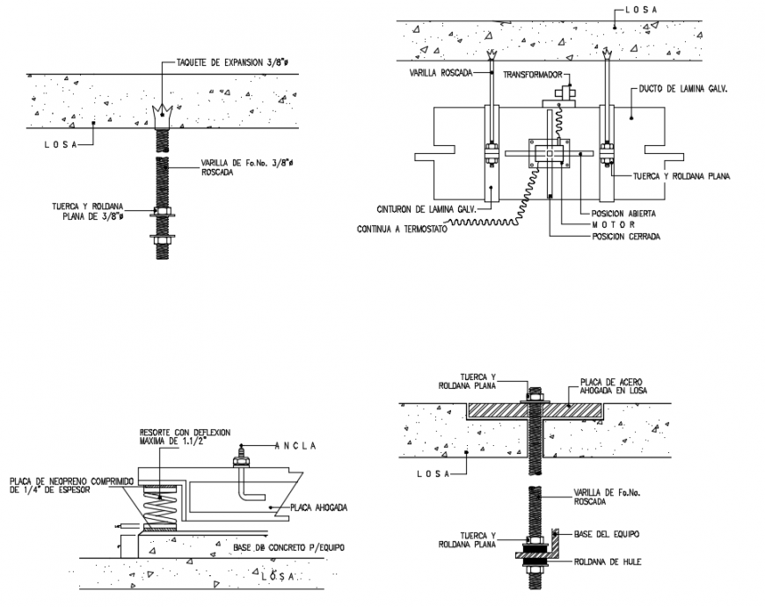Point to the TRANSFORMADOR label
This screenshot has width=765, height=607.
click(536, 76)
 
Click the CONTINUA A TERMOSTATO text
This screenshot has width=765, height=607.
click(401, 230)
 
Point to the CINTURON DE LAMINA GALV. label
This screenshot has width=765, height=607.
click(426, 209)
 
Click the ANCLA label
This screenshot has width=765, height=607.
click(294, 445)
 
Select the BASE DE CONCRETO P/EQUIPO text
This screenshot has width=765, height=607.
click(288, 548)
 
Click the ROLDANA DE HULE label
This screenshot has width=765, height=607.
click(608, 559)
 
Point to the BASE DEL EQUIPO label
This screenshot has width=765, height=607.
click(606, 535)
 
